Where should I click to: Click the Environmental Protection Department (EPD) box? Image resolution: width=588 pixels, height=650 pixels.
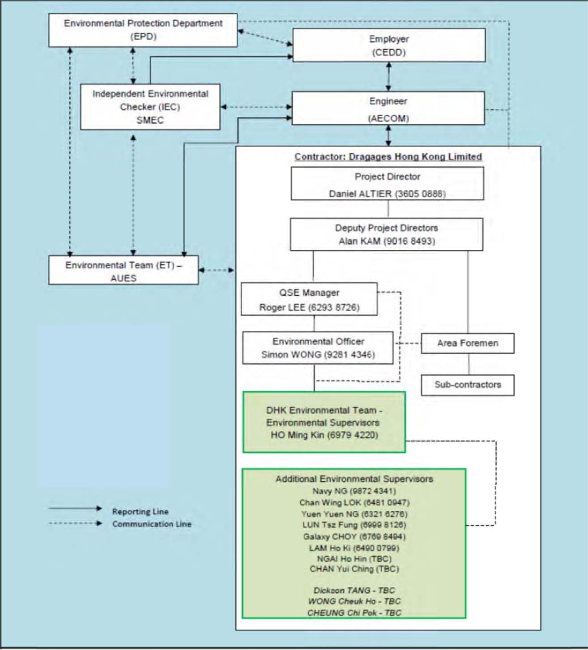point(143,30)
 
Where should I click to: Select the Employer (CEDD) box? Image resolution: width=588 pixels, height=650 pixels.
point(389,45)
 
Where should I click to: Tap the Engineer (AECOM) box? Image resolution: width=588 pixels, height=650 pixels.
point(388,108)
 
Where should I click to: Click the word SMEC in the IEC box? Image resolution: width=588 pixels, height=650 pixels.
point(150,120)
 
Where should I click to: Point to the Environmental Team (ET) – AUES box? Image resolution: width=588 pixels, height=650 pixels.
point(124,270)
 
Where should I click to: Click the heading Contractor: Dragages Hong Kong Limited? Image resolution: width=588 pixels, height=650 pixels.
point(388,157)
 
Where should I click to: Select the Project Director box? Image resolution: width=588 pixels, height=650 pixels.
point(388,184)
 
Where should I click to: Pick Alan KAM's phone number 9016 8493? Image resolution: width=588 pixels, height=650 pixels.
point(409,241)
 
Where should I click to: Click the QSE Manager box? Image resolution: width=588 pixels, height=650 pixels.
point(309,299)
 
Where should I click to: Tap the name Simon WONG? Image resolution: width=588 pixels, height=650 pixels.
point(291,354)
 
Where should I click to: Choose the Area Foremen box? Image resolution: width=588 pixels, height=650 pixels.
point(468,343)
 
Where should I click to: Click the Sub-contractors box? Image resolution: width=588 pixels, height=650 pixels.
point(468,385)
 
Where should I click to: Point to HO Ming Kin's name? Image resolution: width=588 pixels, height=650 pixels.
point(297,435)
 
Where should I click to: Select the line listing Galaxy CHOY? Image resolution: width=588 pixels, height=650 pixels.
point(354,536)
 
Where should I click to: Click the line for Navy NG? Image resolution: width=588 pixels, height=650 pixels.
point(354,491)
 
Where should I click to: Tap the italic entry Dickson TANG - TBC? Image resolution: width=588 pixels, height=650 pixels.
point(354,590)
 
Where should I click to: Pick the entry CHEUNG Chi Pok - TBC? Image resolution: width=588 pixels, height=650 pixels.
point(354,613)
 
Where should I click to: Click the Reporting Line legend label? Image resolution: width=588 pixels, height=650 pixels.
point(141,511)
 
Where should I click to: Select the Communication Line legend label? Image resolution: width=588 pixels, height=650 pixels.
point(152,524)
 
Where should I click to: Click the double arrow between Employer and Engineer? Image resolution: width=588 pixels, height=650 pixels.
point(389,76)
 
